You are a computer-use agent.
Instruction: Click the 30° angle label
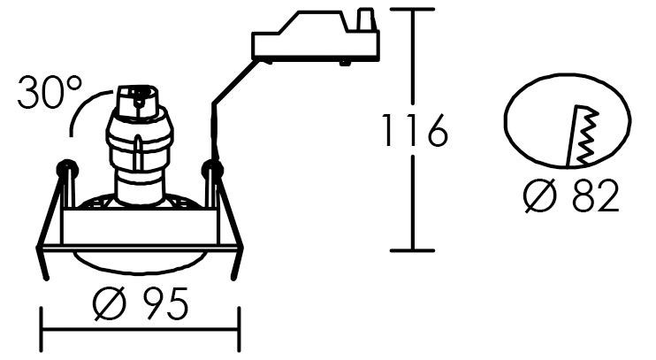click(x=50, y=92)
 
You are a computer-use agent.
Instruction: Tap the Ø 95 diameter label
click(x=141, y=303)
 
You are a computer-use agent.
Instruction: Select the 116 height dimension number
click(x=415, y=130)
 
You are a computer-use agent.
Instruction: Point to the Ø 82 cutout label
click(x=571, y=195)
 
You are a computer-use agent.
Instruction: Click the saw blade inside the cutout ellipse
click(x=583, y=135)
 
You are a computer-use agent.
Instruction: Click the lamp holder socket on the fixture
click(x=139, y=144)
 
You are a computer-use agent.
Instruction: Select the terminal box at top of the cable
click(x=316, y=36)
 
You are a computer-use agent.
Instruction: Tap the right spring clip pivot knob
click(x=212, y=170)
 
